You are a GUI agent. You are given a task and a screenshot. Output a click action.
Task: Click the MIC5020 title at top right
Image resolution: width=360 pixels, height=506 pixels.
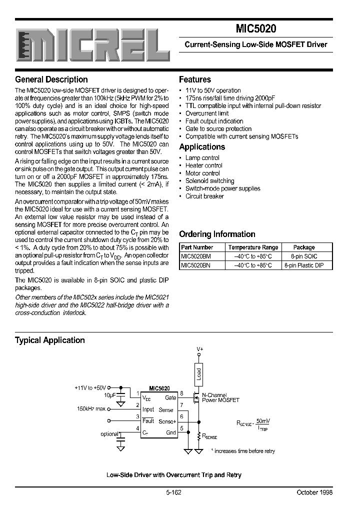pos(256,29)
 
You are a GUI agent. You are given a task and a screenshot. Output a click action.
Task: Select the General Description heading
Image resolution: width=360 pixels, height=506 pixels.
pos(51,79)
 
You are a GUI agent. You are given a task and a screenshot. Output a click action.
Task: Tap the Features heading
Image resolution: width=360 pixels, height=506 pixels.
pos(195,79)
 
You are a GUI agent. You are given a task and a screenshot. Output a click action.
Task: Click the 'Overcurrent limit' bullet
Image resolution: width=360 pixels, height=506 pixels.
pos(207,113)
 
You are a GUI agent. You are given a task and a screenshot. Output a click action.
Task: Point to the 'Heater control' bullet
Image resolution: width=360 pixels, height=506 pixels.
pos(203,165)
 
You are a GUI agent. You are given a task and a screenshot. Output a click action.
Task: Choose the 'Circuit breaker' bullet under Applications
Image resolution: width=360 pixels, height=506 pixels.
pos(204,196)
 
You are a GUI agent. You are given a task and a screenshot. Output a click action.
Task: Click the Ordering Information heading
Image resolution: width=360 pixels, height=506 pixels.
pos(217,234)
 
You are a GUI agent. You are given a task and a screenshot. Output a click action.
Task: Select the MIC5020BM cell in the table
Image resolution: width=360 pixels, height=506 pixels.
pos(196,256)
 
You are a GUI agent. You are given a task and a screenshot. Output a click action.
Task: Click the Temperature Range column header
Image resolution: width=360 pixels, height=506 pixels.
pos(253,247)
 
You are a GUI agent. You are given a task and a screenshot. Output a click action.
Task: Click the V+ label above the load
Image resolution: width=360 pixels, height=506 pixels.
pos(199,349)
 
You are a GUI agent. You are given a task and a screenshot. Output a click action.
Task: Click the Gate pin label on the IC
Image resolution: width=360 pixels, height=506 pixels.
pos(170,397)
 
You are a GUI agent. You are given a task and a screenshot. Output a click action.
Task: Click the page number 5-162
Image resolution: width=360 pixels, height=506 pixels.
pos(173,492)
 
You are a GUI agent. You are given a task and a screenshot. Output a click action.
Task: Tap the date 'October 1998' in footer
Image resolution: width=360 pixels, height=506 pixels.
pos(314,492)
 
